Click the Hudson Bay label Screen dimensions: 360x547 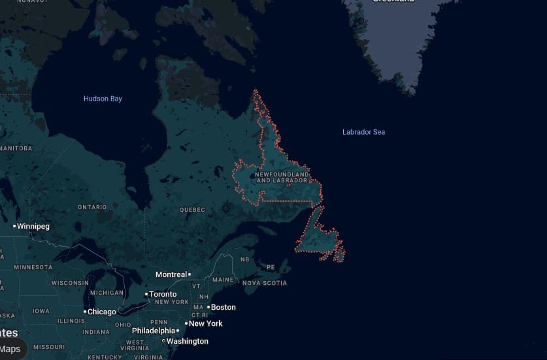[x=103, y=99]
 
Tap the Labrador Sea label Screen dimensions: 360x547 [x=363, y=132]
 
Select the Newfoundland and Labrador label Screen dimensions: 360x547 [x=282, y=178]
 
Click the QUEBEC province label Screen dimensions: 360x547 [x=192, y=210]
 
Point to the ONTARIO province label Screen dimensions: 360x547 [x=92, y=207]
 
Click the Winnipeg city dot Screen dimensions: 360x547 [x=14, y=226]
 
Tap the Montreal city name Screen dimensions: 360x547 [x=171, y=274]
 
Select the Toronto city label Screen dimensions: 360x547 [x=163, y=294]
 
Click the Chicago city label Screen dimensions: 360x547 [x=101, y=312]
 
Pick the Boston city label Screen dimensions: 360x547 [x=223, y=307]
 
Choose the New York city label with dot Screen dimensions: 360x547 [x=205, y=323]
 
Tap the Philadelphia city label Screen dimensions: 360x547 [x=154, y=331]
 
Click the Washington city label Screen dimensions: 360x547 [x=187, y=341]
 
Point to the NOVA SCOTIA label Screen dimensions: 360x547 [x=265, y=283]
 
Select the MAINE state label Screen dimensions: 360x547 [x=223, y=280]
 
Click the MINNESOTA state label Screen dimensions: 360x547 [x=33, y=267]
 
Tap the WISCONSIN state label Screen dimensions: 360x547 [x=70, y=283]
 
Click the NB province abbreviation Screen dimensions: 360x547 [x=245, y=259]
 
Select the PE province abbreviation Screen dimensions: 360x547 [x=271, y=267]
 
